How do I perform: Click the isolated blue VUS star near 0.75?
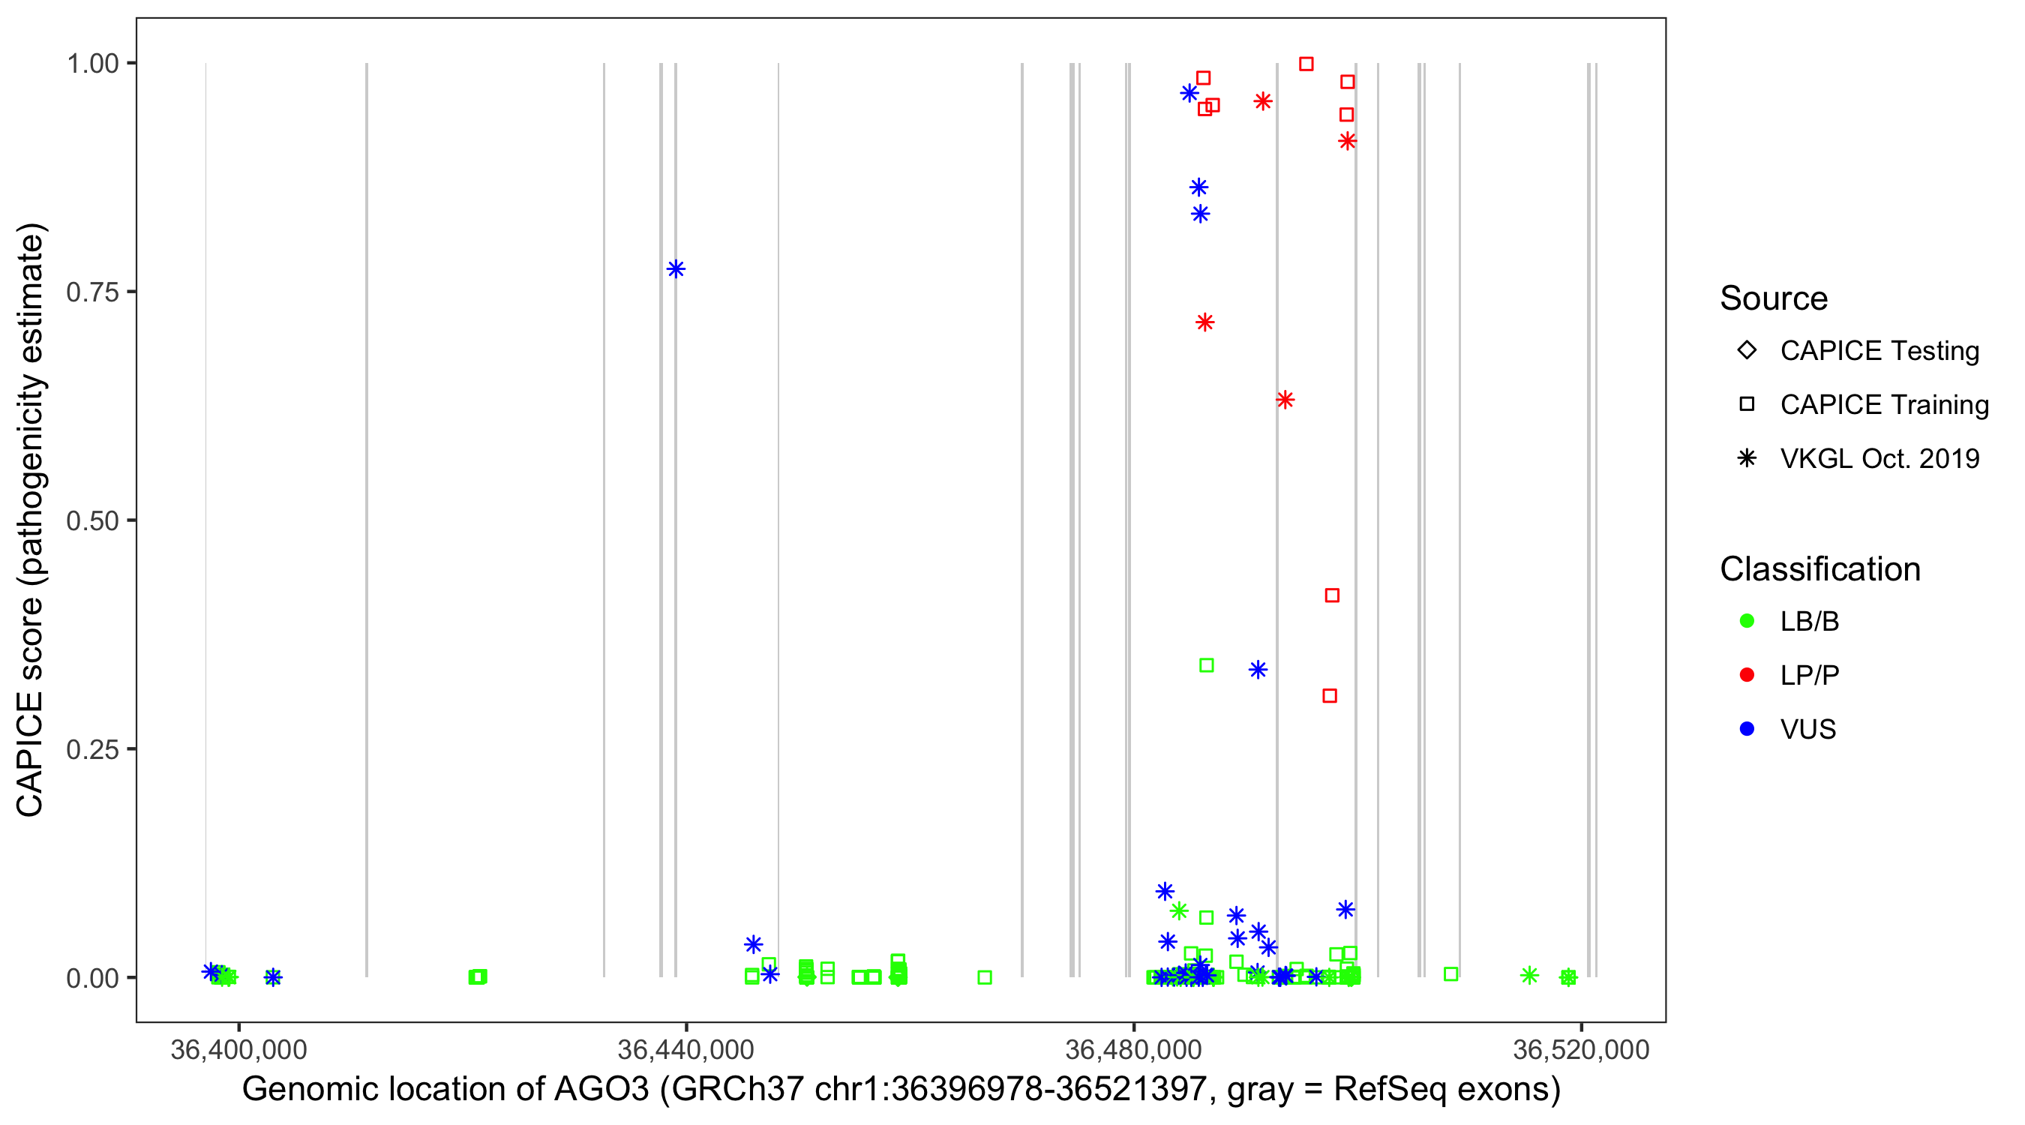click(675, 268)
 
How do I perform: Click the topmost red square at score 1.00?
click(1306, 64)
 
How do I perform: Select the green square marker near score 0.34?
click(1206, 665)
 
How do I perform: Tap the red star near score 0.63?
click(1285, 400)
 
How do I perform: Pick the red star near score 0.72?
click(1204, 322)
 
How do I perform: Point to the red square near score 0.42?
click(1332, 595)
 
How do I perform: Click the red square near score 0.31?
click(1329, 696)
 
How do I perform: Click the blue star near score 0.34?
click(1258, 670)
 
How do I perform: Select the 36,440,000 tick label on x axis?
click(685, 1049)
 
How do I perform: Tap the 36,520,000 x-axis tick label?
click(1580, 1049)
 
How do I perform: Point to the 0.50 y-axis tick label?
click(91, 520)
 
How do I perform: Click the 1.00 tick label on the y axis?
click(91, 63)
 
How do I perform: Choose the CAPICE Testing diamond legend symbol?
click(1747, 349)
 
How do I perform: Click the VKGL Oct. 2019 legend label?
click(1879, 458)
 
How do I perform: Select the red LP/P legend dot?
click(1747, 675)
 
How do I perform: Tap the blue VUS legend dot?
click(1747, 729)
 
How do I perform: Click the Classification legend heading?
click(1819, 569)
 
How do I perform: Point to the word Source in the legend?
click(1774, 298)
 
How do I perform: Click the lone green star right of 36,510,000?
click(1529, 975)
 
